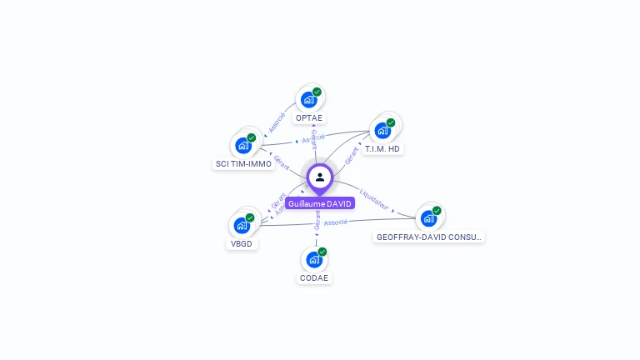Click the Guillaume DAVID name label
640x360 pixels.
(x=320, y=203)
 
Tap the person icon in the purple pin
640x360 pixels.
(x=320, y=177)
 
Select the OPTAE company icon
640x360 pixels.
(x=309, y=100)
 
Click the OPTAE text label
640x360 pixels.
(x=310, y=118)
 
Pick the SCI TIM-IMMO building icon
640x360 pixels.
(x=243, y=146)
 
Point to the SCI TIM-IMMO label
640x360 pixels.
(x=243, y=164)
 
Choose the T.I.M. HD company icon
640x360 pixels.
(x=382, y=130)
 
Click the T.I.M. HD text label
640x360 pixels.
(x=382, y=149)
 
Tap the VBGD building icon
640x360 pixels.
(x=242, y=225)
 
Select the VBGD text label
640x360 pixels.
(x=242, y=244)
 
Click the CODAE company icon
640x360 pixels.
(x=314, y=259)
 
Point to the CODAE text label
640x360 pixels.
(x=314, y=278)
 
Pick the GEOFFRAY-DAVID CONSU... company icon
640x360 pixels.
(x=428, y=218)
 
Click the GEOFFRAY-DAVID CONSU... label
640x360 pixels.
(x=429, y=237)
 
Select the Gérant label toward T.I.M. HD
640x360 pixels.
(x=352, y=154)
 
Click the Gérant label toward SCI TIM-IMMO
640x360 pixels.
(x=282, y=162)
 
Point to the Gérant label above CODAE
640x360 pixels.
(x=317, y=219)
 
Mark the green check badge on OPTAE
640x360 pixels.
(x=317, y=92)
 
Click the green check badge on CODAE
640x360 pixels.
(x=322, y=252)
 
